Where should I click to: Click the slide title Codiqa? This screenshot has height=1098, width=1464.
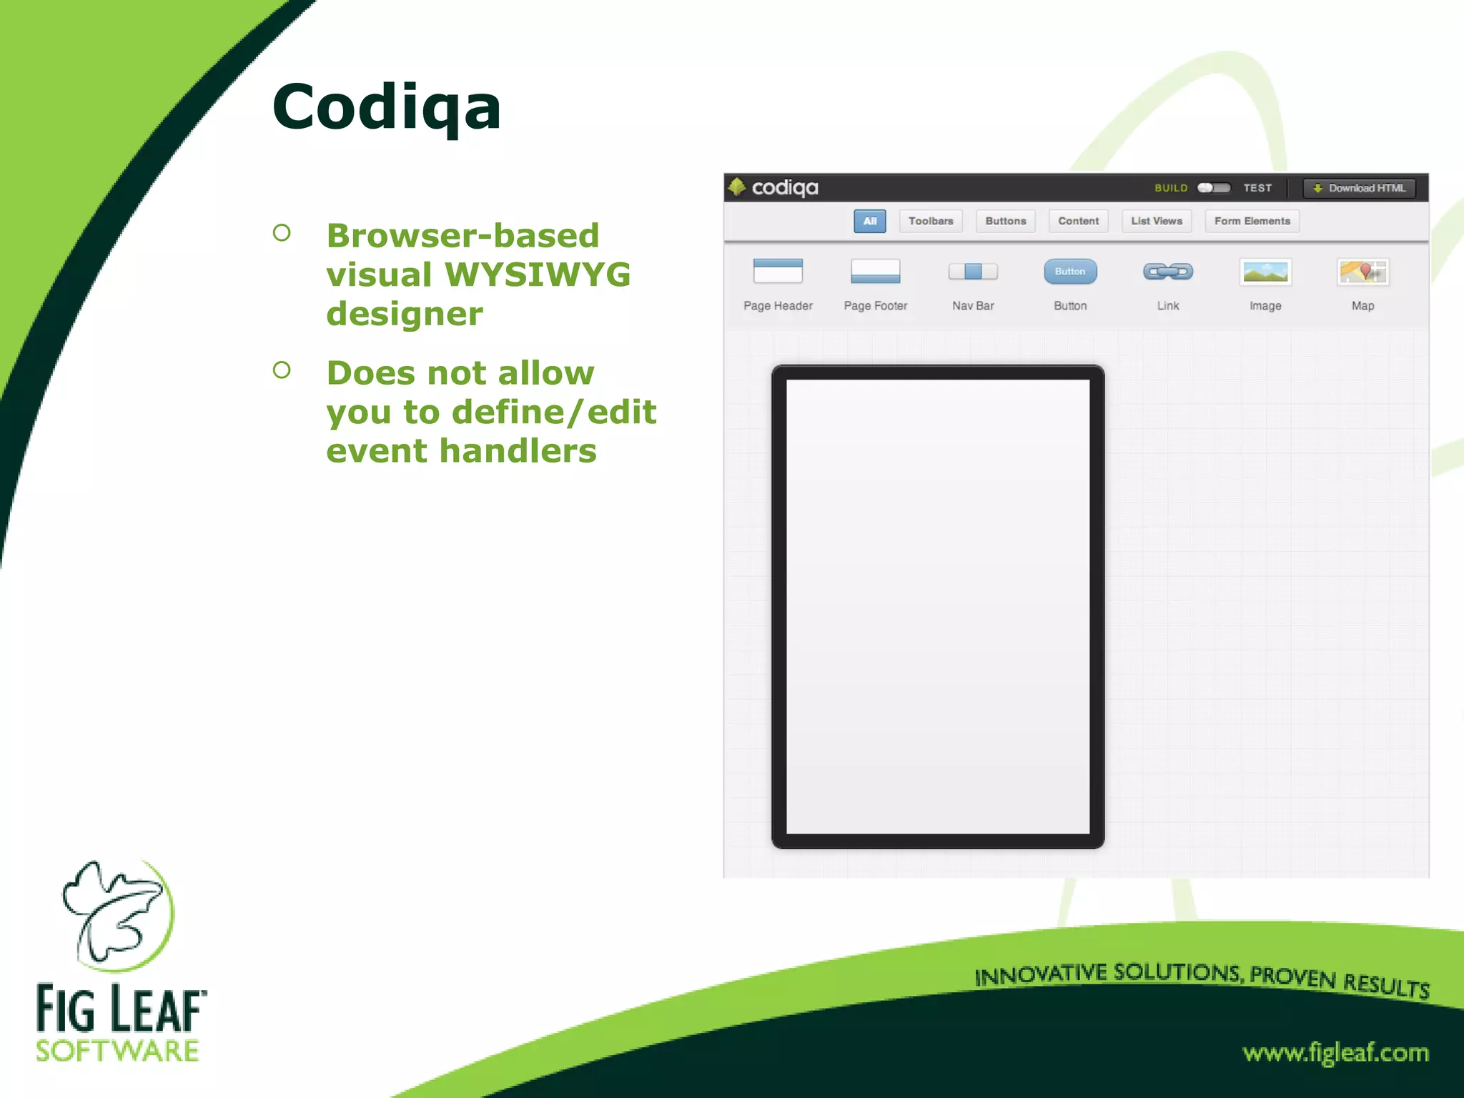(386, 107)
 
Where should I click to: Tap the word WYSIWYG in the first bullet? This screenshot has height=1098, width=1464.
(538, 274)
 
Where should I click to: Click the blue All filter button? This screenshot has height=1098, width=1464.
(869, 221)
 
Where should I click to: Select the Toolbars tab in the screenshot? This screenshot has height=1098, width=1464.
(930, 221)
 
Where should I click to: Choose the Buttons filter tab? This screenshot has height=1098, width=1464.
(1005, 221)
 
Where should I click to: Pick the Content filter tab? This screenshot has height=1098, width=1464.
(1078, 221)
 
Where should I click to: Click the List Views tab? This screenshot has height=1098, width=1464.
(1156, 221)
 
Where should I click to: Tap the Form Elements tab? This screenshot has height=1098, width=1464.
(1252, 221)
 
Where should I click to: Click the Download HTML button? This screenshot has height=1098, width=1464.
(1359, 188)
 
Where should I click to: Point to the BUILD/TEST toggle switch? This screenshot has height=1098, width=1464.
(1214, 188)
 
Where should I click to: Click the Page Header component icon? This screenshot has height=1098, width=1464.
(778, 272)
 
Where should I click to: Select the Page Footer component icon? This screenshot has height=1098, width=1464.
(875, 272)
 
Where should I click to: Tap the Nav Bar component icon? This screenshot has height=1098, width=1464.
(973, 272)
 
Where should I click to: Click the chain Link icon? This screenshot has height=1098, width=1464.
(1167, 272)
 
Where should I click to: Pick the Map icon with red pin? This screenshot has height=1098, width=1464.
(1362, 272)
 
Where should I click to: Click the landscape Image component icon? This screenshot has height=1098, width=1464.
(1265, 272)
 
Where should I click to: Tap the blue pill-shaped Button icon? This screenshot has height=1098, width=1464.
(1070, 272)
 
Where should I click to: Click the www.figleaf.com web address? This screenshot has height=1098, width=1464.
(1335, 1053)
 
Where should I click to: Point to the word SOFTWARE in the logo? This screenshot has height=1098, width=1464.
(118, 1051)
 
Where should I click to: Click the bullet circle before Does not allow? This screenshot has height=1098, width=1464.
(282, 370)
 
